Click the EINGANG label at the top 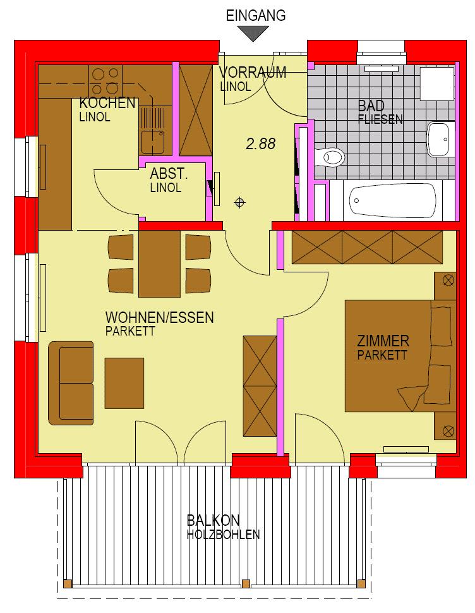256,15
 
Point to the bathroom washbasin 442,139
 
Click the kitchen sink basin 153,142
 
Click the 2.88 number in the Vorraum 260,144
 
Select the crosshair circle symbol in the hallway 239,202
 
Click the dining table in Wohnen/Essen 159,264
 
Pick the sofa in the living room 71,383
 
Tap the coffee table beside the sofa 124,383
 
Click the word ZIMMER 383,341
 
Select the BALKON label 213,520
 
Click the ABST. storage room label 169,174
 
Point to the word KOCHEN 107,103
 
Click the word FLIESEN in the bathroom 380,119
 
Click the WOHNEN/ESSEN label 159,317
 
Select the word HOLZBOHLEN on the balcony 223,535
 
